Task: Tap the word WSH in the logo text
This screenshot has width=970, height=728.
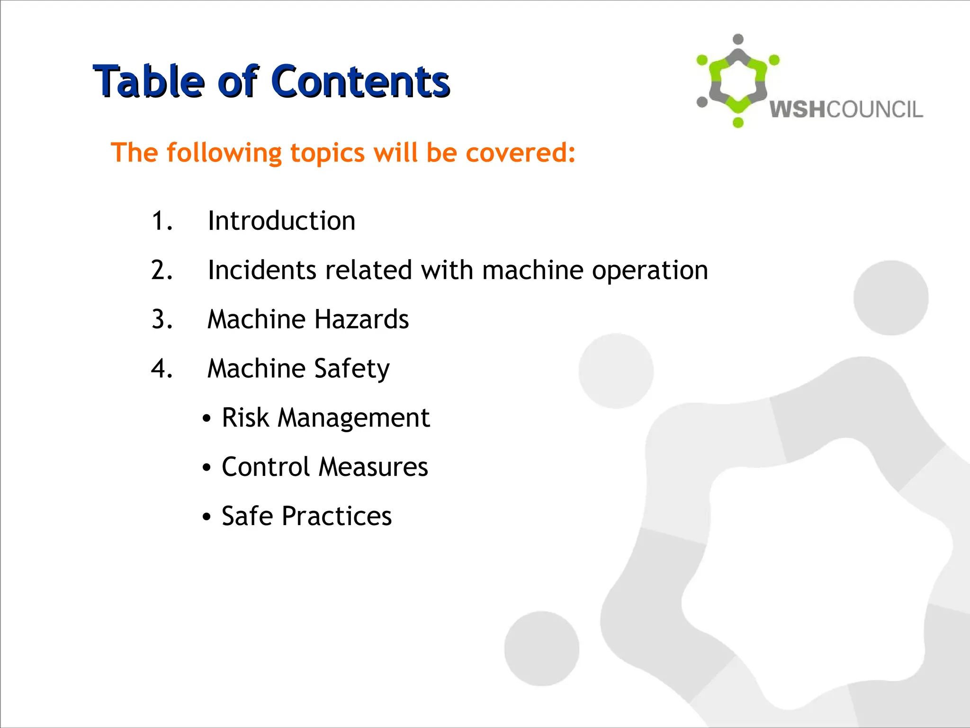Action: point(798,109)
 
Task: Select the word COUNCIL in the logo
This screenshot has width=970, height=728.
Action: point(875,109)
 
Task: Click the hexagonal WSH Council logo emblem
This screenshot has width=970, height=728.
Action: point(737,81)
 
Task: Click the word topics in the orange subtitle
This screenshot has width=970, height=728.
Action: point(327,154)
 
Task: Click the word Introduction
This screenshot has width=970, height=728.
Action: point(281,221)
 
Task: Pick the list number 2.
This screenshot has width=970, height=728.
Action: point(162,270)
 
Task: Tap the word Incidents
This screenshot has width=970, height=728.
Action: point(262,270)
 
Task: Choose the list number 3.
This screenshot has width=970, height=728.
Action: point(162,319)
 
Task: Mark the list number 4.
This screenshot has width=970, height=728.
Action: point(162,369)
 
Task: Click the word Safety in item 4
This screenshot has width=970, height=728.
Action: point(351,369)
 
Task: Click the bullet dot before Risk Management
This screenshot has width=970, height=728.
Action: point(206,419)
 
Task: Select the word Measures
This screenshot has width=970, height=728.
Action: point(373,467)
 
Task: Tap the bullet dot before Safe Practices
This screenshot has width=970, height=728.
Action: point(206,517)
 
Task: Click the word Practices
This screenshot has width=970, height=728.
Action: point(336,516)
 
